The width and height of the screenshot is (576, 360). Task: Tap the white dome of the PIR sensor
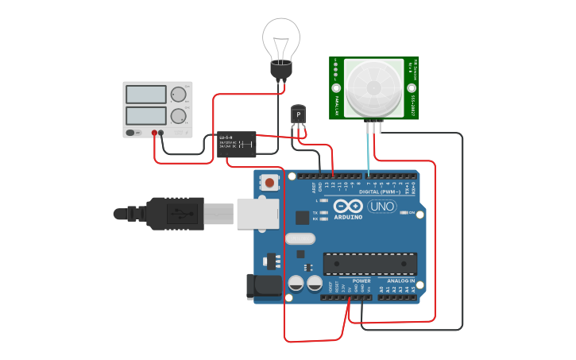point(373,87)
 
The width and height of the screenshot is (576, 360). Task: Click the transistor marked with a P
point(298,115)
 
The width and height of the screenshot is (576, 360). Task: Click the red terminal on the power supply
point(154,133)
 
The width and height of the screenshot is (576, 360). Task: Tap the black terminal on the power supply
point(161,133)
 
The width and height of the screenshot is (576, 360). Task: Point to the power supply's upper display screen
point(146,94)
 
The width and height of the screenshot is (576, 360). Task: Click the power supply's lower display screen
point(146,116)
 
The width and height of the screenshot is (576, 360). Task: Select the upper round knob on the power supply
point(177,94)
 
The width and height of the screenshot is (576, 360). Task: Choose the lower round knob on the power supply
point(177,115)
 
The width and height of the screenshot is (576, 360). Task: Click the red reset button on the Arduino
point(270,183)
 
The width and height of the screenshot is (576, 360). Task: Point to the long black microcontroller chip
point(369,264)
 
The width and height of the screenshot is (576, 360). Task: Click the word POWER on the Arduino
point(361,281)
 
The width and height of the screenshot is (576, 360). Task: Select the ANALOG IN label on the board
point(401,281)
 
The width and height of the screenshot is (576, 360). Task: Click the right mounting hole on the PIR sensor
point(411,87)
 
